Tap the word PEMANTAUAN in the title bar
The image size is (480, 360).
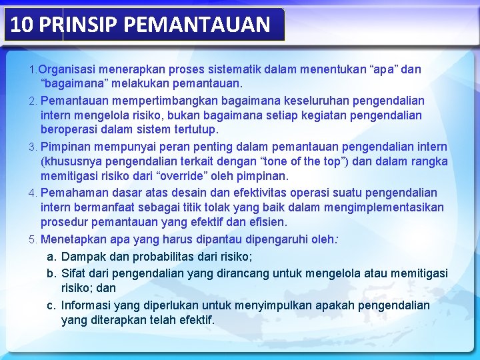tap(197, 25)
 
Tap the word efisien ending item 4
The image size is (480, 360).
tap(267, 222)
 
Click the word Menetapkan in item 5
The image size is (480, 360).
tap(73, 239)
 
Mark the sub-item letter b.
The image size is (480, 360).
tap(50, 273)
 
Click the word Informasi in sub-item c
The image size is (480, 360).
tap(87, 305)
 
